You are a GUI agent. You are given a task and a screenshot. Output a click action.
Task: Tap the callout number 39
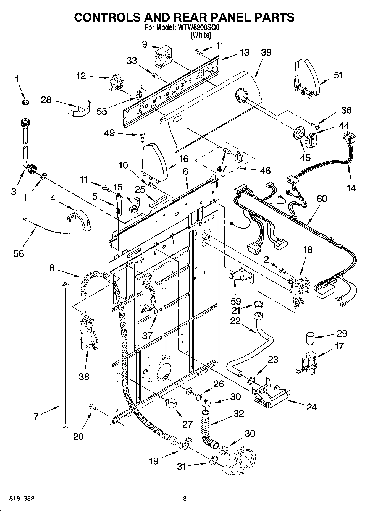(x=266, y=52)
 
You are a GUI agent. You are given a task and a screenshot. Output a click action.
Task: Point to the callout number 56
(x=19, y=253)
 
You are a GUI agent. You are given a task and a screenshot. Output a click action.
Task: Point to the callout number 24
(x=312, y=407)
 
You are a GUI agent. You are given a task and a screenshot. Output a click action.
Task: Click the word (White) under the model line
(x=201, y=35)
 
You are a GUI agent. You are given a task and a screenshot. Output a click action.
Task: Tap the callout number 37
(x=148, y=336)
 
